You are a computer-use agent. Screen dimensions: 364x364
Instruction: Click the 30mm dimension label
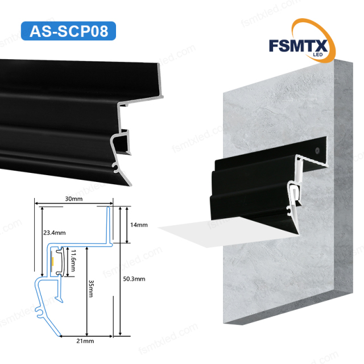[73, 200]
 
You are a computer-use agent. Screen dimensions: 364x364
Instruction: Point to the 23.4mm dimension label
[55, 232]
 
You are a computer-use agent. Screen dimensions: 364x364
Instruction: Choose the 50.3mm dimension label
[135, 279]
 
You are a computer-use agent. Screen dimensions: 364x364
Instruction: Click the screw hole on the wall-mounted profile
[316, 151]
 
